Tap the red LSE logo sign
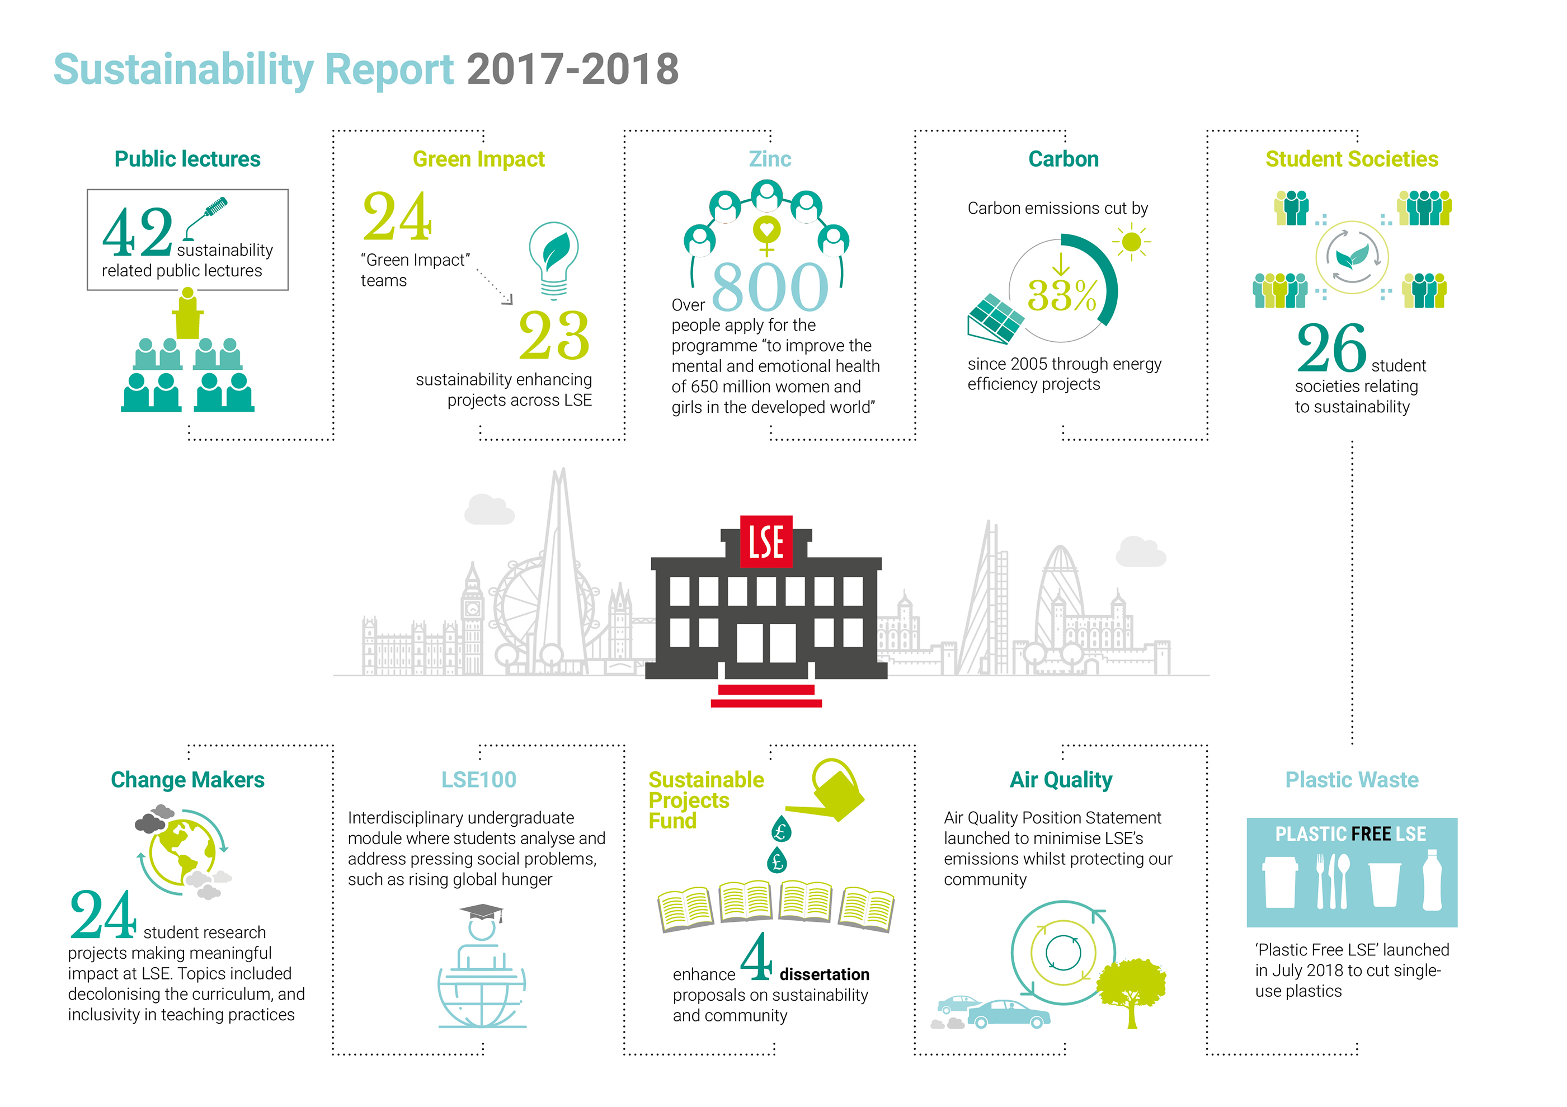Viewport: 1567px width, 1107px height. (766, 542)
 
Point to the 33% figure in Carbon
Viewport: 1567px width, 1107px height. (1062, 295)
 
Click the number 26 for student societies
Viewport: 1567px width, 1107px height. (1331, 347)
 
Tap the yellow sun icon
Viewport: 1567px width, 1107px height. (1131, 242)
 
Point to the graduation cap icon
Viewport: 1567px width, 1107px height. (481, 912)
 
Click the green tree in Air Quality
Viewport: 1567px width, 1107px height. (1131, 990)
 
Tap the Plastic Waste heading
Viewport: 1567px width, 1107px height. (1351, 779)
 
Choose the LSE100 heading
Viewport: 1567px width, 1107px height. (478, 779)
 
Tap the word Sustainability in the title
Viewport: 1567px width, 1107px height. (183, 69)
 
